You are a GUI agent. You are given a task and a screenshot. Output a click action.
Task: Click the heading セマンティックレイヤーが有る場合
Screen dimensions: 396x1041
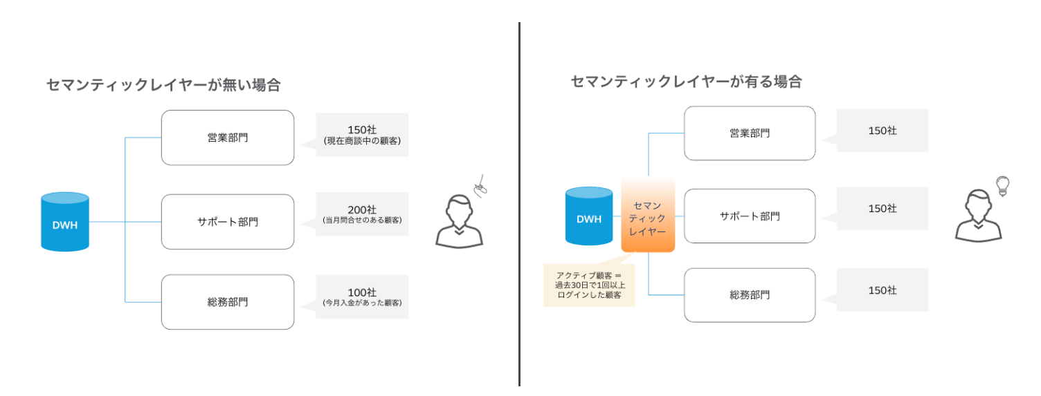(686, 82)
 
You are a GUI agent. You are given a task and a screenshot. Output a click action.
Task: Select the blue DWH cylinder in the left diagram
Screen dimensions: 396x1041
(65, 223)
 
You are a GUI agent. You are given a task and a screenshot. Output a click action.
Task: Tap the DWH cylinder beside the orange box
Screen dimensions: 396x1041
(589, 217)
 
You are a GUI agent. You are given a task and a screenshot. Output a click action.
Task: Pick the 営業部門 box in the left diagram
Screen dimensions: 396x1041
(228, 138)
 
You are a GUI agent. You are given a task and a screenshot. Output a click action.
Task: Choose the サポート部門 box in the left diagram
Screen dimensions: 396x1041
(228, 222)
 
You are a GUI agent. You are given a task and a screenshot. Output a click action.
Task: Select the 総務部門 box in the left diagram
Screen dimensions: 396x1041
(228, 302)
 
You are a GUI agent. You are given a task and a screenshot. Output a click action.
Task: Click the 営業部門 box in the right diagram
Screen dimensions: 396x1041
(750, 133)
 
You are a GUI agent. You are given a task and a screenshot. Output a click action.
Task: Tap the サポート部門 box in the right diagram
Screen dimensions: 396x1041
(750, 216)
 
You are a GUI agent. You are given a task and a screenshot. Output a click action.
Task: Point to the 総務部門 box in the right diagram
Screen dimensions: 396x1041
(750, 295)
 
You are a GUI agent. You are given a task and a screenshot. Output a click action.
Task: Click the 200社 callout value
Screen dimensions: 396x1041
(362, 209)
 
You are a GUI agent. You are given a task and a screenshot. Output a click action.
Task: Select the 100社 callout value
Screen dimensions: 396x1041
(362, 292)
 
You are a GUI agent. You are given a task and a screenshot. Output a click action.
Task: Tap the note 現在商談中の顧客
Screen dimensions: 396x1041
(362, 141)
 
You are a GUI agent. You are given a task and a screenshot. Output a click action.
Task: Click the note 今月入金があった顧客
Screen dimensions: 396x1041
(362, 303)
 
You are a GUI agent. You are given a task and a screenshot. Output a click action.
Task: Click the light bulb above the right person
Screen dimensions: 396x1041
(1002, 185)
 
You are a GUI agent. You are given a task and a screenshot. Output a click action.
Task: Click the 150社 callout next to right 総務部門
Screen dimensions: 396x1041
(882, 290)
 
